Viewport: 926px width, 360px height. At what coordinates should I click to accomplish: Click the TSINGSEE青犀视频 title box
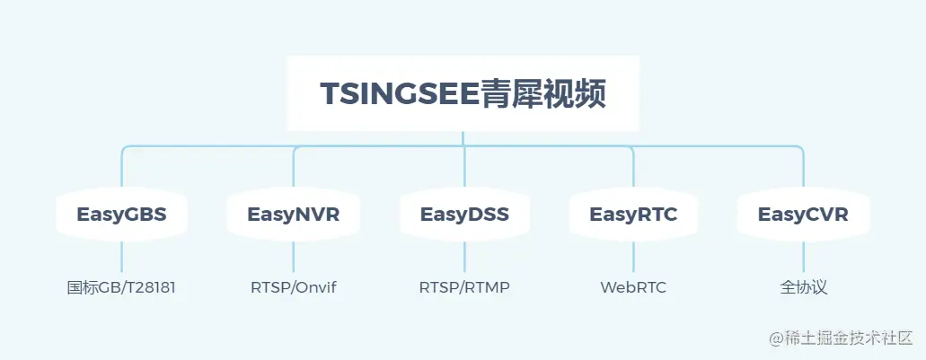tap(463, 93)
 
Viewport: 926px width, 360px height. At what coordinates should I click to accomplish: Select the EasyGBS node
tap(121, 215)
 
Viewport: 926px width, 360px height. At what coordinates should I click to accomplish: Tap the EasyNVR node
tap(294, 215)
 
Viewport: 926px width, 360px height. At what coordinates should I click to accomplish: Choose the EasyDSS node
tap(464, 215)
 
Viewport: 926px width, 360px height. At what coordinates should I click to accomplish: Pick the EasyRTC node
tap(633, 215)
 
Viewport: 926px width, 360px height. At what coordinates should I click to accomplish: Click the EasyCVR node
tap(803, 215)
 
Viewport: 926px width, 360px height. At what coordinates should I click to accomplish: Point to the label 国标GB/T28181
tap(121, 288)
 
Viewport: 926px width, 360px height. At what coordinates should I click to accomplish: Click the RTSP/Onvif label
tap(294, 288)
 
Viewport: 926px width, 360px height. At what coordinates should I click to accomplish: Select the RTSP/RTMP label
tap(464, 288)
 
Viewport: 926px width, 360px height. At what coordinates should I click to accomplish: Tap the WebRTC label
tap(633, 288)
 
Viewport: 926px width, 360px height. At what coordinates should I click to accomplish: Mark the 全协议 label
tap(803, 288)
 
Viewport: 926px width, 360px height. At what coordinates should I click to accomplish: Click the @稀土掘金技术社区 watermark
tap(840, 338)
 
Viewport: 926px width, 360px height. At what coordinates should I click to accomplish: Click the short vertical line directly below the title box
tap(463, 138)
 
